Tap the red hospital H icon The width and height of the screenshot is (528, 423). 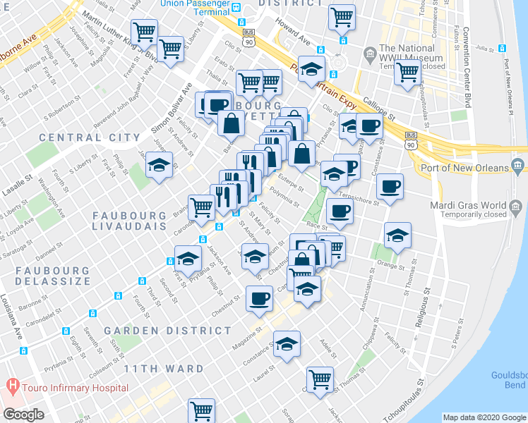pyautogui.click(x=11, y=387)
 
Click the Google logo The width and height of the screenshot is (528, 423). pyautogui.click(x=24, y=415)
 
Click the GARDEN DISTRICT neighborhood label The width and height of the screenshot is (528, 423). pyautogui.click(x=167, y=330)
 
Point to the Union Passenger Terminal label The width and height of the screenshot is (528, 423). pyautogui.click(x=191, y=4)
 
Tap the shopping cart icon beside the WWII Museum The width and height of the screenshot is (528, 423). pyautogui.click(x=407, y=72)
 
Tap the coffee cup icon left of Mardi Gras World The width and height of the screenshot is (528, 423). pyautogui.click(x=390, y=188)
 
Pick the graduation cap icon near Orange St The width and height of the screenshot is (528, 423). pyautogui.click(x=397, y=235)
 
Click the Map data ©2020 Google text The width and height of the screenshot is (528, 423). pyautogui.click(x=484, y=417)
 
